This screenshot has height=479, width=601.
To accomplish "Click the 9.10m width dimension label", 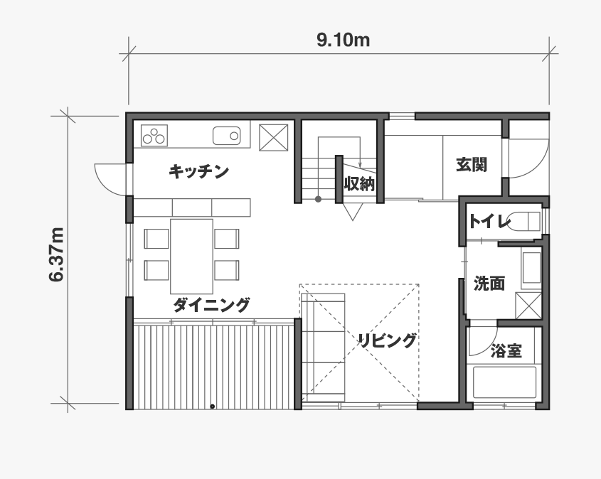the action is pyautogui.click(x=343, y=41).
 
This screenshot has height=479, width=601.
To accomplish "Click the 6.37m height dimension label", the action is pyautogui.click(x=56, y=254).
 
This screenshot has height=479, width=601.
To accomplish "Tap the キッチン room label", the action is pyautogui.click(x=198, y=171).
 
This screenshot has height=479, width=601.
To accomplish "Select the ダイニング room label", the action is pyautogui.click(x=211, y=305).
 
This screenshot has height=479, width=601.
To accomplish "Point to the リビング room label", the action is pyautogui.click(x=387, y=340).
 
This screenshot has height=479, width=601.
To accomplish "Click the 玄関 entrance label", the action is pyautogui.click(x=472, y=165).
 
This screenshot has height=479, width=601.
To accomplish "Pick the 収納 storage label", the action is pyautogui.click(x=359, y=184).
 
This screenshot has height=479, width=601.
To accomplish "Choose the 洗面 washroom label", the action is pyautogui.click(x=489, y=284).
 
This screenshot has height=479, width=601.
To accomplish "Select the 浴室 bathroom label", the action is pyautogui.click(x=506, y=351).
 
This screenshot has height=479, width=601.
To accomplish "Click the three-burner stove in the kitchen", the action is pyautogui.click(x=154, y=135).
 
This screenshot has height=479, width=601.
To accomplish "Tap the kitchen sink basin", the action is pyautogui.click(x=226, y=136).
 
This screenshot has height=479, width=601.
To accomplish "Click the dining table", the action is pyautogui.click(x=191, y=256).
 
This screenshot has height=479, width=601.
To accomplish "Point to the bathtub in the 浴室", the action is pyautogui.click(x=504, y=382).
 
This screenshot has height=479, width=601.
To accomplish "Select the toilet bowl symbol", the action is pyautogui.click(x=524, y=221).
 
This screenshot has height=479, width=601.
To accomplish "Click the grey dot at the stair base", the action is pyautogui.click(x=318, y=199).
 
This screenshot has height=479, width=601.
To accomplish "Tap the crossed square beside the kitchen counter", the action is pyautogui.click(x=274, y=137).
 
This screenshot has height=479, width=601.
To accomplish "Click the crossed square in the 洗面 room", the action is pyautogui.click(x=528, y=305).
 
